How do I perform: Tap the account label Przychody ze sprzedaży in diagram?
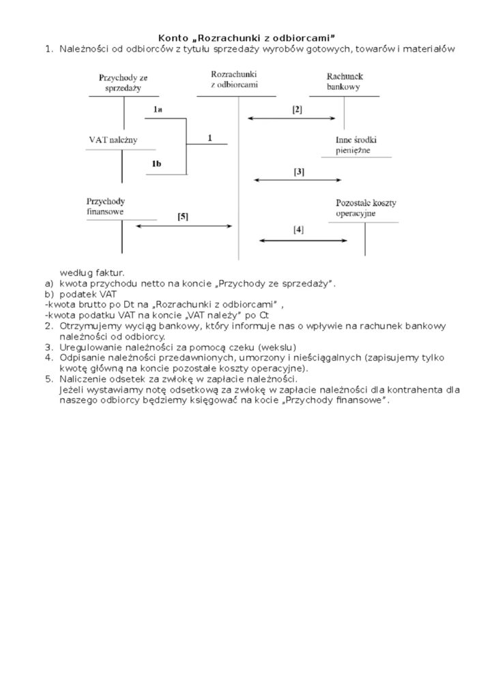123,83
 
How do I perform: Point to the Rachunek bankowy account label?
344,82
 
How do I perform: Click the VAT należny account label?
113,140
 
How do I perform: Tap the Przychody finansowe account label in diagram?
106,207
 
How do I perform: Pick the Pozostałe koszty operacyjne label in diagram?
366,208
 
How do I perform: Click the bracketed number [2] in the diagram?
297,109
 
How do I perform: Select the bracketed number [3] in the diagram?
299,172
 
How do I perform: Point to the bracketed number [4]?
298,230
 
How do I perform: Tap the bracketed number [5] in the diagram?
183,216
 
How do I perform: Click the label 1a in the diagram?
158,109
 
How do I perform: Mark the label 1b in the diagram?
157,164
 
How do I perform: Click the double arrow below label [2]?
292,119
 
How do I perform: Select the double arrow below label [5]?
185,226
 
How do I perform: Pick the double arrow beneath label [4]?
303,241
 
